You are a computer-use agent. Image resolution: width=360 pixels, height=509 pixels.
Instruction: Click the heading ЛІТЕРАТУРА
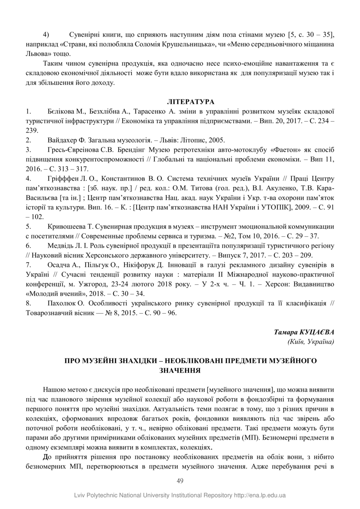[190, 101]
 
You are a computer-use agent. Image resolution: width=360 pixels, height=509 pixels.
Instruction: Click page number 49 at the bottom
[180, 481]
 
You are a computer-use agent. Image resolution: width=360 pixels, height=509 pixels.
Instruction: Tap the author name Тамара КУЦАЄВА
[304, 332]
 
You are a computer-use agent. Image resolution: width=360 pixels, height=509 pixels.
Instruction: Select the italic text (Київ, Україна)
[311, 341]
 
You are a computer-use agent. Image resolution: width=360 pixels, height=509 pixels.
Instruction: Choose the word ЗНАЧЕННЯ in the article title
[180, 370]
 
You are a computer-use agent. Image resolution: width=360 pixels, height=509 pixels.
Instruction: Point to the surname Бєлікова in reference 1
[61, 111]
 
